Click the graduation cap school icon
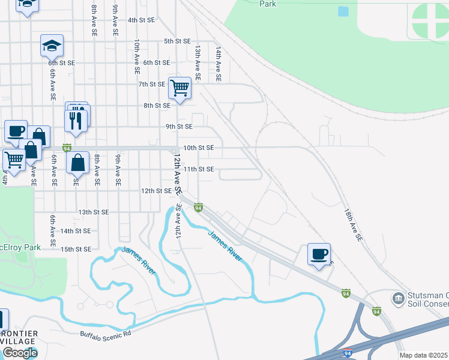tap(52, 45)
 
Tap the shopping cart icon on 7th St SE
tap(179, 88)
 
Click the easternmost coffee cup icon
tap(319, 254)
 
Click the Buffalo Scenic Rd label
tap(105, 333)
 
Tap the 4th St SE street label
tap(141, 20)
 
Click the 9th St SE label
tap(179, 127)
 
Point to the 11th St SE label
tap(198, 169)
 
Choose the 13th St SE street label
tap(93, 212)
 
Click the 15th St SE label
tap(75, 249)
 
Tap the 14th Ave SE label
tap(218, 65)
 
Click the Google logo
tap(20, 353)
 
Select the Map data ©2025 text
tap(415, 355)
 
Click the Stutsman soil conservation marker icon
tap(398, 298)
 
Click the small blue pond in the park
tap(343, 11)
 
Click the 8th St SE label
tap(157, 106)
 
